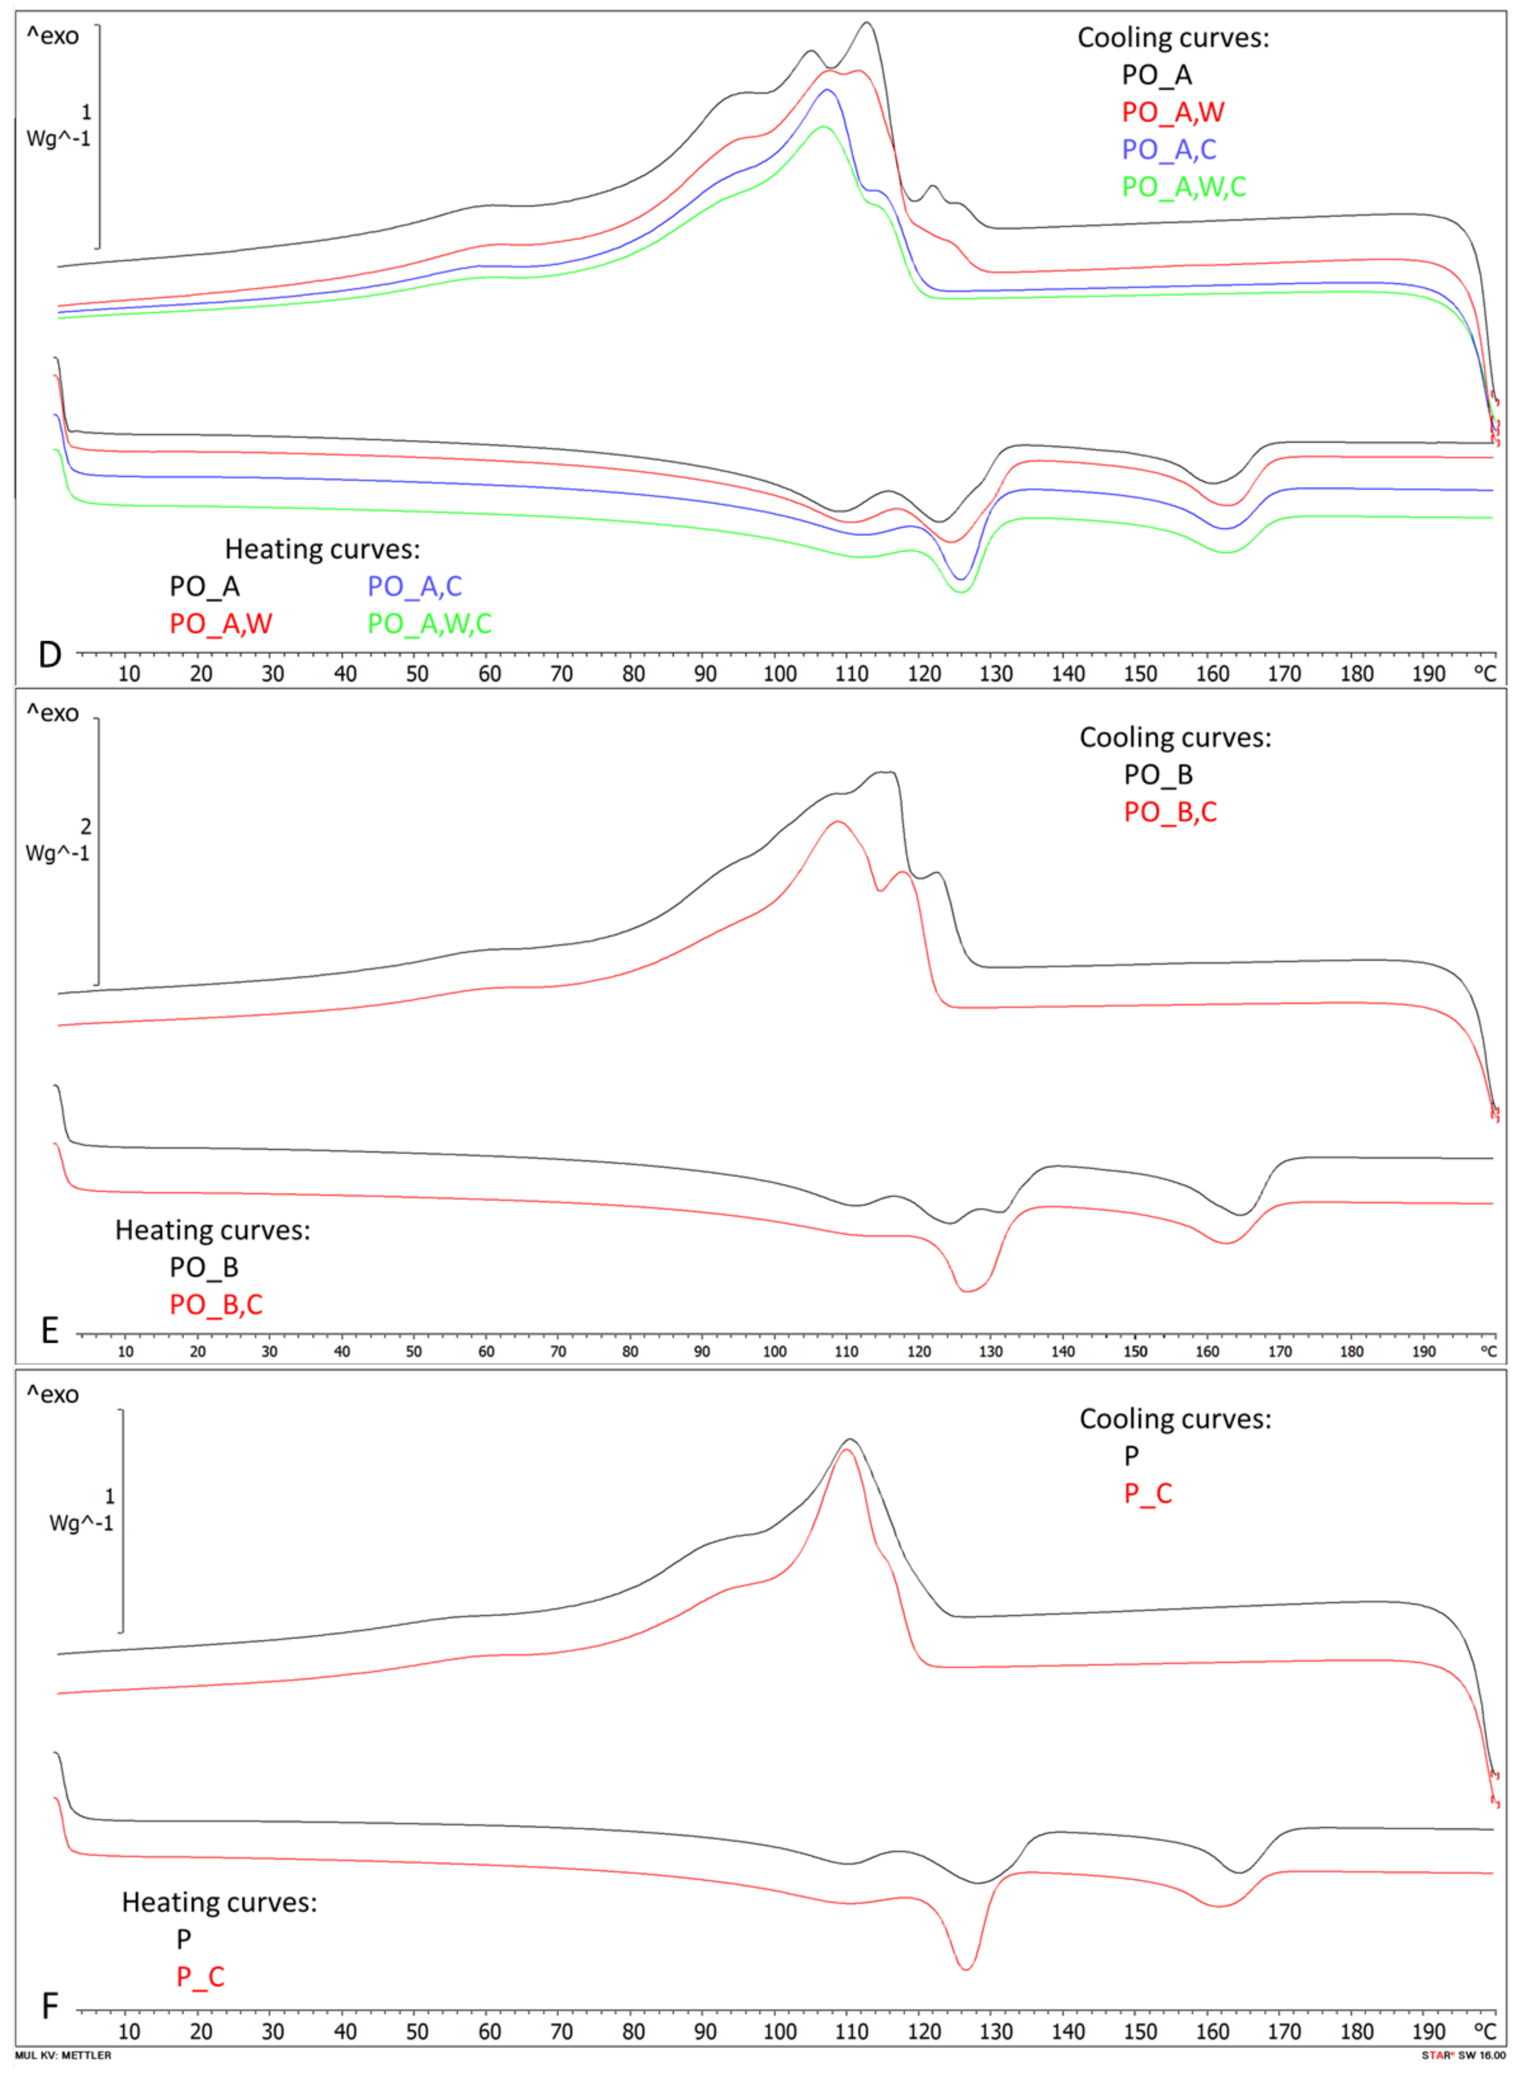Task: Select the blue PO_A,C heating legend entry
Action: [414, 586]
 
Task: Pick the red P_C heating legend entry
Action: [200, 1976]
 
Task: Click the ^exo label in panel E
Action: [52, 713]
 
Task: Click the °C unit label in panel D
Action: [1484, 674]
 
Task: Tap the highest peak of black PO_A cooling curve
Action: [866, 23]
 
